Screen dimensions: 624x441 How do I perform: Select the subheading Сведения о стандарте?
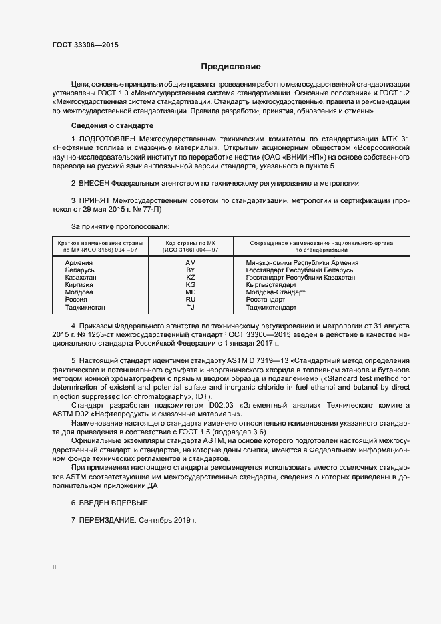pyautogui.click(x=112, y=125)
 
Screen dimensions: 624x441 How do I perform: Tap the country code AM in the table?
pyautogui.click(x=191, y=263)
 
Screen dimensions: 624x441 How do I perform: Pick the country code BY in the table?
pyautogui.click(x=191, y=270)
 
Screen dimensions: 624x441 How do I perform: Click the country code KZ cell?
pyautogui.click(x=191, y=278)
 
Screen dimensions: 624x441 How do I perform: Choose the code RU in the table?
pyautogui.click(x=191, y=300)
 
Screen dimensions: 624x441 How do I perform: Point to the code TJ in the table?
pyautogui.click(x=191, y=308)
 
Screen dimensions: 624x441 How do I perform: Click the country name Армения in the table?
pyautogui.click(x=79, y=263)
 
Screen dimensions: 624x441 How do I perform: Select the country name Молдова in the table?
pyautogui.click(x=79, y=292)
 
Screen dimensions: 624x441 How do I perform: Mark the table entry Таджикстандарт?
pyautogui.click(x=271, y=308)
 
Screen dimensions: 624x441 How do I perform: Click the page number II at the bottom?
pyautogui.click(x=54, y=567)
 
